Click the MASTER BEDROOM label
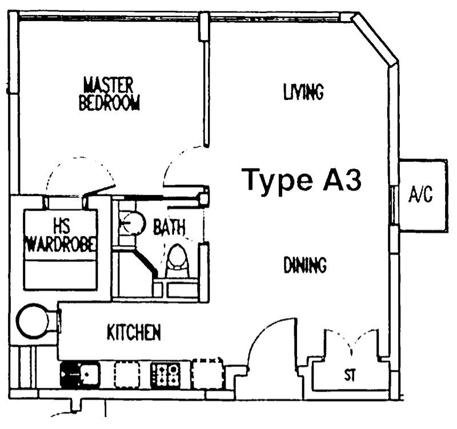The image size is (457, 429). pyautogui.click(x=109, y=94)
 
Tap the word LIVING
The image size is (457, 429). pyautogui.click(x=303, y=92)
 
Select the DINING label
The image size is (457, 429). pyautogui.click(x=305, y=265)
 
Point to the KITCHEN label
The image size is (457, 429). pyautogui.click(x=134, y=332)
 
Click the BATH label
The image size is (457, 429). pyautogui.click(x=169, y=227)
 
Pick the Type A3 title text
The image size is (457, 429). pyautogui.click(x=302, y=180)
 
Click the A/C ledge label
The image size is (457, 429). pyautogui.click(x=420, y=194)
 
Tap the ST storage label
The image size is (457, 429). pyautogui.click(x=350, y=375)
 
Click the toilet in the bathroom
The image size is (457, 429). pyautogui.click(x=178, y=261)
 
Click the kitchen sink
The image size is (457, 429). pyautogui.click(x=80, y=375)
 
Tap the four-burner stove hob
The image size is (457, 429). pyautogui.click(x=165, y=375)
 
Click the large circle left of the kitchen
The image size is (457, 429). pyautogui.click(x=33, y=320)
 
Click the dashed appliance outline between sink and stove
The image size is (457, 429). pyautogui.click(x=127, y=375)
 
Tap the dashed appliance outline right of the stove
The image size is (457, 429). pyautogui.click(x=207, y=374)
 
